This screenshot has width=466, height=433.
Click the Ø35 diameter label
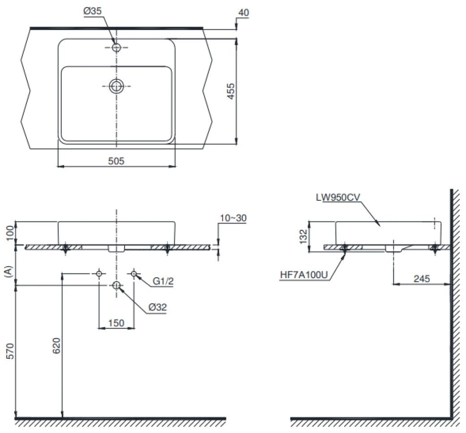pos(92,11)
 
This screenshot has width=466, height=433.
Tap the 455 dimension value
pos(231,91)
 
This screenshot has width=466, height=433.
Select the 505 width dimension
pos(116,161)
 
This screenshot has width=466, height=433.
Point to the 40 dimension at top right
pos(244,13)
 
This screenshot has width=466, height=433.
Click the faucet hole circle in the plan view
pos(116,47)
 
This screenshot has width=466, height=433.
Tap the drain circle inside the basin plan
pos(116,86)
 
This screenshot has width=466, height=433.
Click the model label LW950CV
pos(338,197)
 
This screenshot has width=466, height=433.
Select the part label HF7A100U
pos(304,275)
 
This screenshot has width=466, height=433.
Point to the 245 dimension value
pos(422,278)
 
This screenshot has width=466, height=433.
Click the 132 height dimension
pos(303,237)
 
